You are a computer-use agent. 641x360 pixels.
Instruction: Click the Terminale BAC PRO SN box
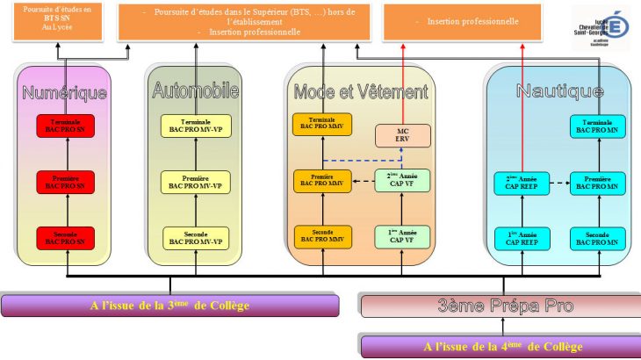(66, 126)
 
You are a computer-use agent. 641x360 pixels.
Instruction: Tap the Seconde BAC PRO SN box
(66, 237)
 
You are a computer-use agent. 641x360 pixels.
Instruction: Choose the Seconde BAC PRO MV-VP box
(196, 237)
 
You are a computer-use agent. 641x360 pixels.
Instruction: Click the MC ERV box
(402, 136)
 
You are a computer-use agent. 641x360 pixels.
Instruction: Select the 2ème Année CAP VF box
(402, 181)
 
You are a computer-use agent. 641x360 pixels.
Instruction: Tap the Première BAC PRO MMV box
(322, 181)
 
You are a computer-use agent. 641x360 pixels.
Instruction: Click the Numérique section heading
(64, 91)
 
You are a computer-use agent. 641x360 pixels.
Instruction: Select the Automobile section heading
(195, 90)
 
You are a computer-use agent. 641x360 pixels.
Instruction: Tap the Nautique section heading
(559, 90)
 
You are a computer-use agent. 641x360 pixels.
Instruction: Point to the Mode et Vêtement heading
(361, 91)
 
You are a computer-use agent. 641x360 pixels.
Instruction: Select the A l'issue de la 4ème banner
(499, 346)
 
